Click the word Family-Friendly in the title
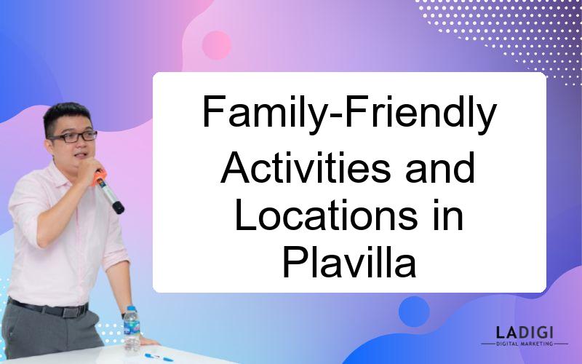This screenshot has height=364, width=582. click(x=349, y=113)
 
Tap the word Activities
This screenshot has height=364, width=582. click(x=306, y=168)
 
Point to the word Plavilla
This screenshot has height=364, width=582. click(x=349, y=263)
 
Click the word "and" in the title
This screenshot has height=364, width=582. click(x=440, y=168)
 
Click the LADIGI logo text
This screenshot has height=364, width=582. click(x=525, y=333)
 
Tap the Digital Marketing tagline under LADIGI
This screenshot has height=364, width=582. click(x=525, y=344)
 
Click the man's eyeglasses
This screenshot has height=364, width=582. click(x=74, y=137)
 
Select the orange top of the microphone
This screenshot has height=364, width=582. click(x=99, y=177)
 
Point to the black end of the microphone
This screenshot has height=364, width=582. click(x=119, y=207)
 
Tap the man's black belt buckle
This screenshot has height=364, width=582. click(x=70, y=312)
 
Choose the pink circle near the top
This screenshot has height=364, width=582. click(x=217, y=45)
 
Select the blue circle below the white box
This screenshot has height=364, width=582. click(x=414, y=312)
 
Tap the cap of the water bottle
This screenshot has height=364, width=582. click(x=131, y=308)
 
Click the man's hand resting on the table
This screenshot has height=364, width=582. click(x=148, y=341)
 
